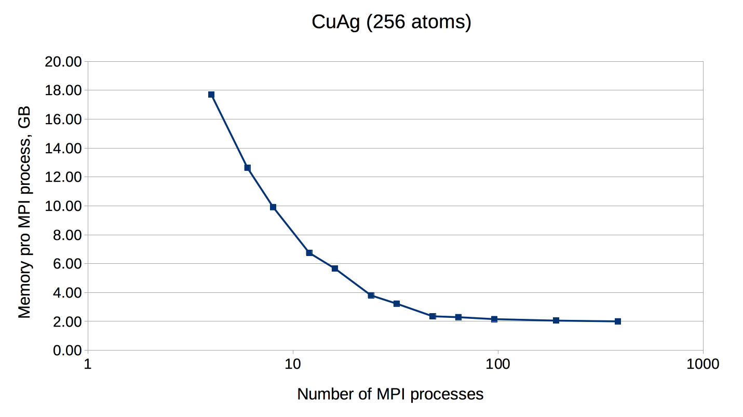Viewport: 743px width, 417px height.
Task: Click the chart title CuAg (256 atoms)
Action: [391, 22]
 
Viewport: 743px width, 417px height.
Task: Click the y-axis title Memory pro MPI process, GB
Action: [24, 212]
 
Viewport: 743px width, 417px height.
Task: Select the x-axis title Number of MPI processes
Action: [390, 394]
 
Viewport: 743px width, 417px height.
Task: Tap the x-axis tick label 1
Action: [88, 364]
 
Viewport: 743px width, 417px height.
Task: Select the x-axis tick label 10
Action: [293, 364]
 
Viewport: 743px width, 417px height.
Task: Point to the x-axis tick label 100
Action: [498, 364]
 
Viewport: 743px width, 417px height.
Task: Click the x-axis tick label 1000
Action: [703, 364]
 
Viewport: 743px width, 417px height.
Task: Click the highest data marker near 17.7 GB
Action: [211, 95]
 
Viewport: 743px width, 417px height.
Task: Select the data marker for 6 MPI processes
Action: [248, 168]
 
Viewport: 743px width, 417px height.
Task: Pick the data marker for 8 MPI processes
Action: [273, 207]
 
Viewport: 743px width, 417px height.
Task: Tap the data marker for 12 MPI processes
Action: [309, 253]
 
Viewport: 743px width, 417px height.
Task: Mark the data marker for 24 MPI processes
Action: [371, 295]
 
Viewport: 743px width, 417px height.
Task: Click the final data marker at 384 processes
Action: [618, 321]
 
